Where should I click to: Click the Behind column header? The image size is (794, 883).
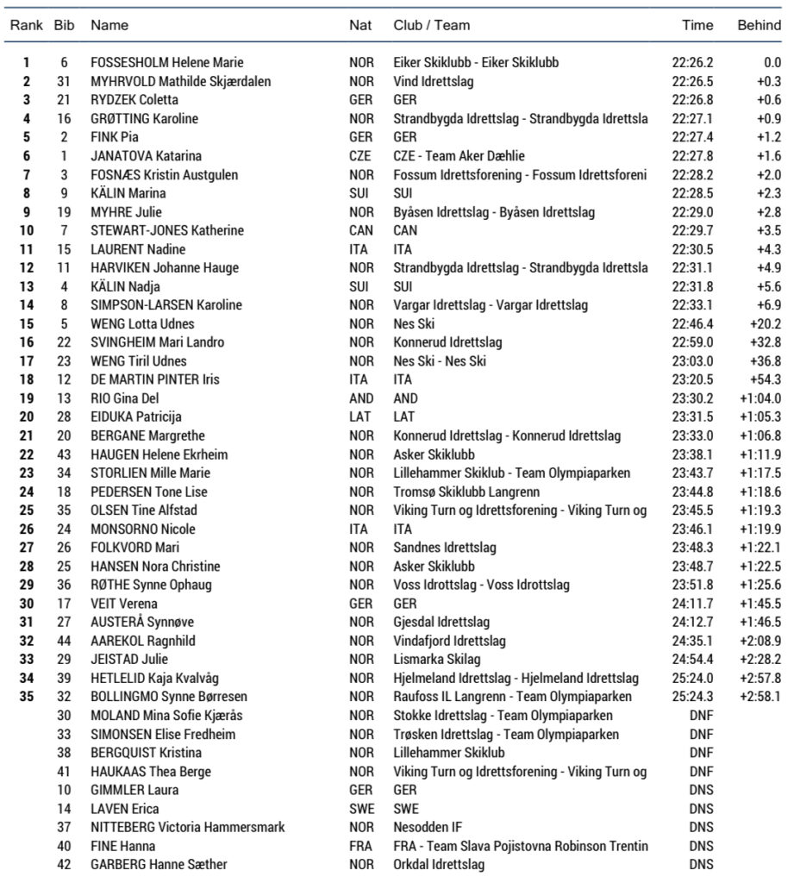pyautogui.click(x=759, y=25)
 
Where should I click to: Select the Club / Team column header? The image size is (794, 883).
pyautogui.click(x=431, y=25)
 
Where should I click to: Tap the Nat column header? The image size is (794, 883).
pyautogui.click(x=360, y=25)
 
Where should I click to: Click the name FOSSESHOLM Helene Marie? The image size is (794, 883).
pyautogui.click(x=166, y=62)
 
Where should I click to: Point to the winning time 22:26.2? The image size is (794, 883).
pyautogui.click(x=692, y=62)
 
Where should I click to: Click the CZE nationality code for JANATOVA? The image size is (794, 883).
pyautogui.click(x=360, y=156)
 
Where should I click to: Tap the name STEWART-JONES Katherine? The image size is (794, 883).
pyautogui.click(x=166, y=230)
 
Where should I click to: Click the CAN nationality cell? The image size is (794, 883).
pyautogui.click(x=361, y=230)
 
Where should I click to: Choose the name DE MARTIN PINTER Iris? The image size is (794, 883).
pyautogui.click(x=155, y=380)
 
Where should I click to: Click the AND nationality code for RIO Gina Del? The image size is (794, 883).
pyautogui.click(x=361, y=398)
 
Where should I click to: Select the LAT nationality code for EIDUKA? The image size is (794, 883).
pyautogui.click(x=359, y=417)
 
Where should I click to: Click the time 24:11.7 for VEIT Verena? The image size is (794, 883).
pyautogui.click(x=692, y=604)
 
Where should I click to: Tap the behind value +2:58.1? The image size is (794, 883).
pyautogui.click(x=760, y=697)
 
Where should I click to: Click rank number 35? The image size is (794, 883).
pyautogui.click(x=27, y=697)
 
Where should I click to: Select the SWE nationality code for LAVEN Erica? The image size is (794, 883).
pyautogui.click(x=361, y=809)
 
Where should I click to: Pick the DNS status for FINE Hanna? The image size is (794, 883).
pyautogui.click(x=701, y=846)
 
